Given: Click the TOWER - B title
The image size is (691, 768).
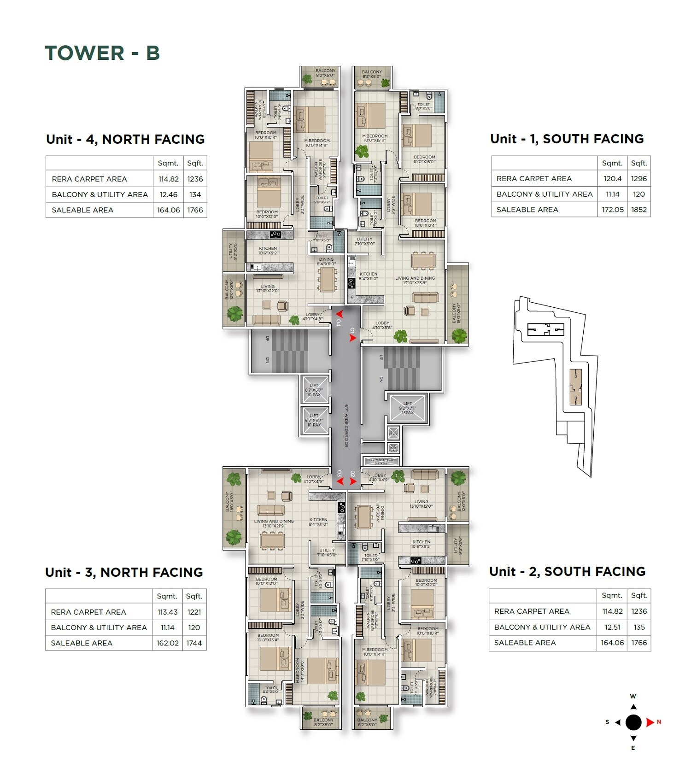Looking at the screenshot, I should click(x=102, y=53).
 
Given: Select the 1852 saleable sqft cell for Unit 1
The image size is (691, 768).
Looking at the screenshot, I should click(x=638, y=210).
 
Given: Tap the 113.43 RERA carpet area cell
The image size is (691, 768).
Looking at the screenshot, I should click(x=167, y=612).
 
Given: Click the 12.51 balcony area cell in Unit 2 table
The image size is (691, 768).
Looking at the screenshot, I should click(x=612, y=627).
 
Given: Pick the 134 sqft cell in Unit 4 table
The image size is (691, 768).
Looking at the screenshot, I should click(x=195, y=194).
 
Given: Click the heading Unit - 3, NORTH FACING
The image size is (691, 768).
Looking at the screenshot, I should click(x=124, y=572).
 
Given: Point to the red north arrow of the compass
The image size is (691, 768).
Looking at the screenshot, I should click(x=650, y=722).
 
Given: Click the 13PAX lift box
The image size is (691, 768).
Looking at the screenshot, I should click(x=408, y=408).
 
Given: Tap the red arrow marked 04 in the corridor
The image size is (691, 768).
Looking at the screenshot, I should click(x=339, y=315).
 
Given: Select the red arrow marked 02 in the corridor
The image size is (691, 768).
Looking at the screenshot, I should click(x=353, y=481).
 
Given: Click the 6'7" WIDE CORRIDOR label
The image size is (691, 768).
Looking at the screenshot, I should click(x=346, y=426).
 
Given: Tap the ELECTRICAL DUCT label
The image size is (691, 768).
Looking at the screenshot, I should click(x=381, y=460).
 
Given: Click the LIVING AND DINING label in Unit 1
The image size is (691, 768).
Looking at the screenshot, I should click(x=415, y=280).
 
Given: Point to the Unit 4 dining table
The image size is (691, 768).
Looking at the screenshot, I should click(x=328, y=280).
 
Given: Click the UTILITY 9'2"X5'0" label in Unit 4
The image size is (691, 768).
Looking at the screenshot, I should click(x=233, y=251).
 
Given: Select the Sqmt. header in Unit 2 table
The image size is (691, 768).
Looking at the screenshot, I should click(x=612, y=595).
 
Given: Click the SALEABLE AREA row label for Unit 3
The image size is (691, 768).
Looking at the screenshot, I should click(x=82, y=643).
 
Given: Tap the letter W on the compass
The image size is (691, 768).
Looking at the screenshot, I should click(x=633, y=697).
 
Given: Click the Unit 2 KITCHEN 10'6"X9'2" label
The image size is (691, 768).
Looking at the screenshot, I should click(x=421, y=544).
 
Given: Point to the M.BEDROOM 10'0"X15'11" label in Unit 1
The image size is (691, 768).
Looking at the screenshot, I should click(x=375, y=138).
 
